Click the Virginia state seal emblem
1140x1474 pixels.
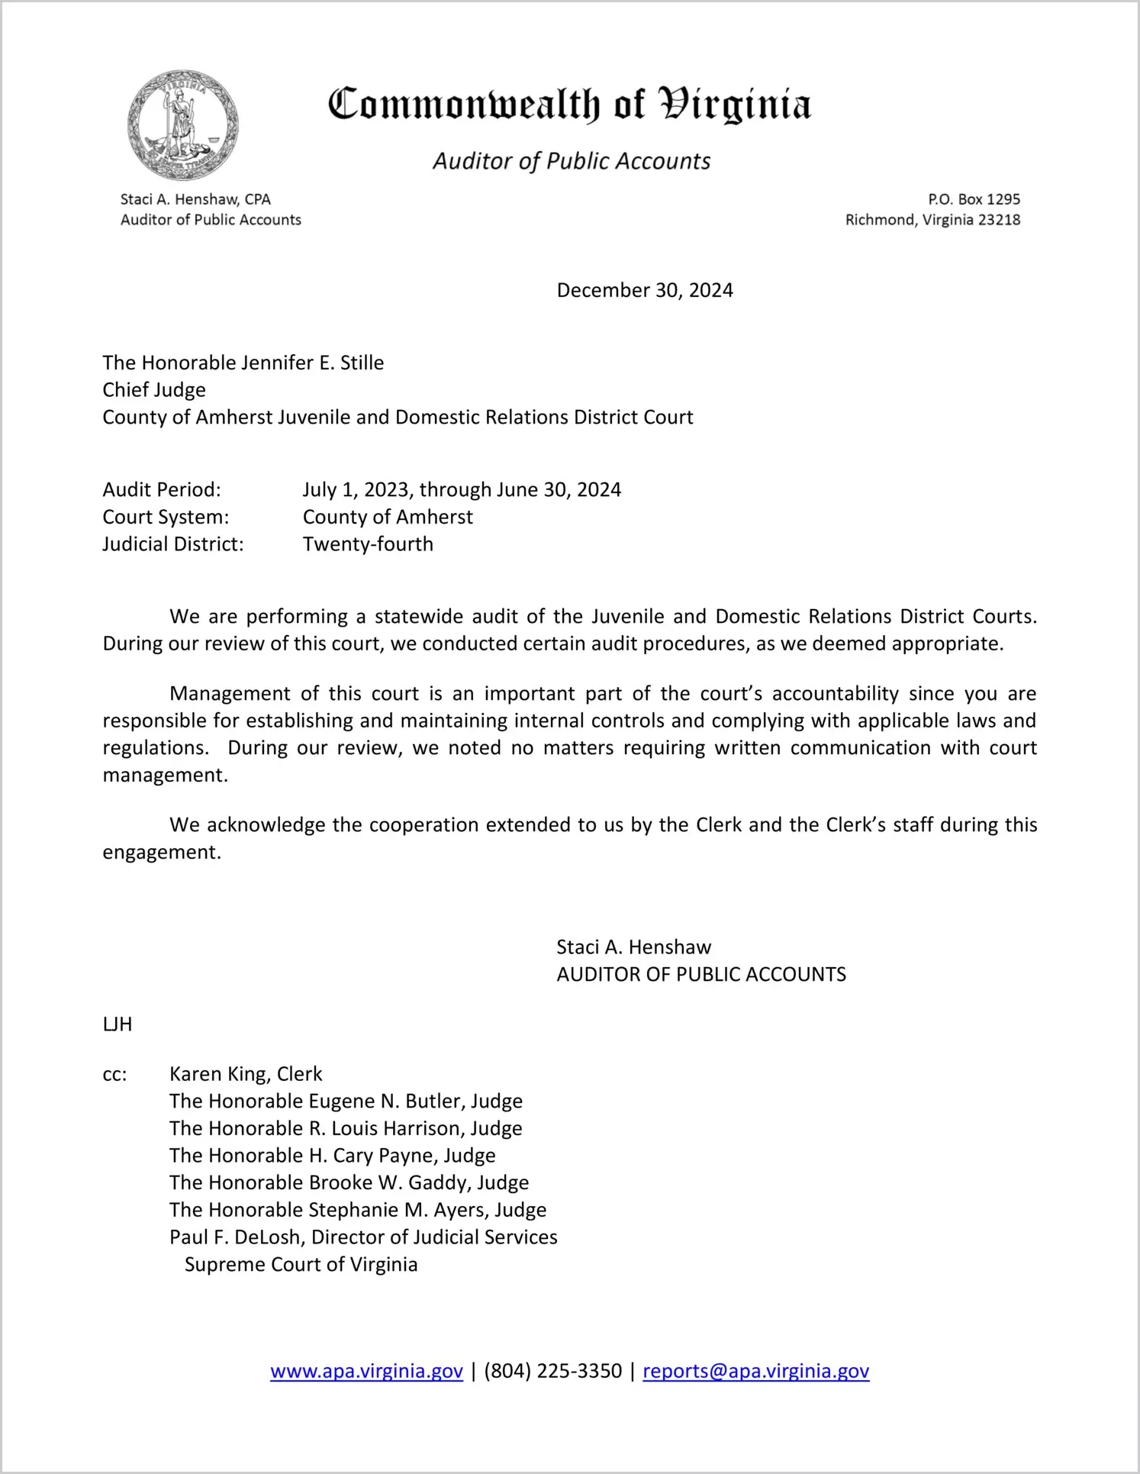(183, 125)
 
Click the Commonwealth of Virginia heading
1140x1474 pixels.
(569, 105)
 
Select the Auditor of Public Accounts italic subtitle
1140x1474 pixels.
(572, 161)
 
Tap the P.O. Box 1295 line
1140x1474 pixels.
(974, 199)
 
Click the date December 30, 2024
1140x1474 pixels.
(645, 290)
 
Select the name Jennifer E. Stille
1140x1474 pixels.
(312, 363)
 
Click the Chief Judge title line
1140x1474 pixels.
(154, 390)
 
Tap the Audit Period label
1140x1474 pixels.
(162, 489)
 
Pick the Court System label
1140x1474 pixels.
(166, 517)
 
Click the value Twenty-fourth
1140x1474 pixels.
(368, 544)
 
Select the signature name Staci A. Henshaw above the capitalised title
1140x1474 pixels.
(633, 947)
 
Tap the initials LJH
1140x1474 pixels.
(118, 1024)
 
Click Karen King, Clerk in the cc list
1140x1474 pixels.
(246, 1074)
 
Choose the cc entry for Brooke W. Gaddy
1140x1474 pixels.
(349, 1182)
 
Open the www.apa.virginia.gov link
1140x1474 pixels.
(366, 1371)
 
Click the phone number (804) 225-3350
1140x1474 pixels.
(552, 1371)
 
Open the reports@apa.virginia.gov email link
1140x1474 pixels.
(755, 1371)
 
